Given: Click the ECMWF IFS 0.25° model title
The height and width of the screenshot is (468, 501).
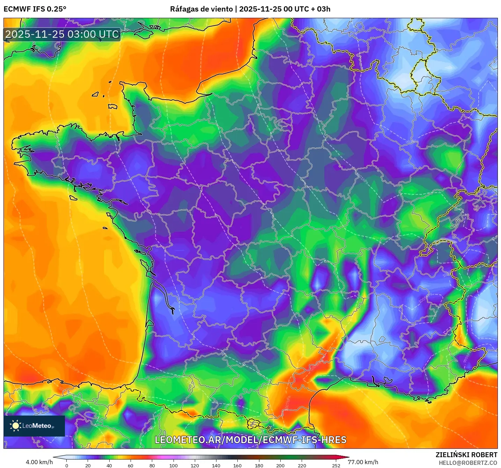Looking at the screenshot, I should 35,9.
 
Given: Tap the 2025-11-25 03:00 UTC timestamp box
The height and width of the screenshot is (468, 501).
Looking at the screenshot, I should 62,34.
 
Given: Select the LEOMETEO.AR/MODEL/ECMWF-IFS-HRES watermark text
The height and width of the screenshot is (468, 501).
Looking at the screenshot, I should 250,440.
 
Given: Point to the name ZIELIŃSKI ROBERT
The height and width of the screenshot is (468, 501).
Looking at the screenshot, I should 466,455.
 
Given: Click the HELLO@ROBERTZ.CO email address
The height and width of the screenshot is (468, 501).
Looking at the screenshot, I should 468,463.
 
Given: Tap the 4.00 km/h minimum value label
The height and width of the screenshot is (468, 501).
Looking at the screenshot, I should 39,462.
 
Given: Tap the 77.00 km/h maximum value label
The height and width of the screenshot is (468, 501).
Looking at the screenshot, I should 363,462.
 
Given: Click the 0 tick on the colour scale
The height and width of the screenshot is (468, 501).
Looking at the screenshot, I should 67,465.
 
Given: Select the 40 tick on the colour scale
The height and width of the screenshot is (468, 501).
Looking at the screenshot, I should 109,465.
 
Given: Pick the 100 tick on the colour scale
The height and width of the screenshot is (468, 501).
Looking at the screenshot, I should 174,465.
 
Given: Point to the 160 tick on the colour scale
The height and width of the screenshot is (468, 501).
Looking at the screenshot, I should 237,465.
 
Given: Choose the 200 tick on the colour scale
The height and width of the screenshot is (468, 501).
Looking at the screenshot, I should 280,465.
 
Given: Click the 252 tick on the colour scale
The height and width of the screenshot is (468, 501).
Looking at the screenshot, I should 336,465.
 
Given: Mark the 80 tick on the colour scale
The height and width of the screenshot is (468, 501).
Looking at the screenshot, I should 152,465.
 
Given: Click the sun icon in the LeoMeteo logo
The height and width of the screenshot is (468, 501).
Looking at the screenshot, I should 15,426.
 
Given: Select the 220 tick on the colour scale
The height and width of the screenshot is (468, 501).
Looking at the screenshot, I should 302,465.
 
